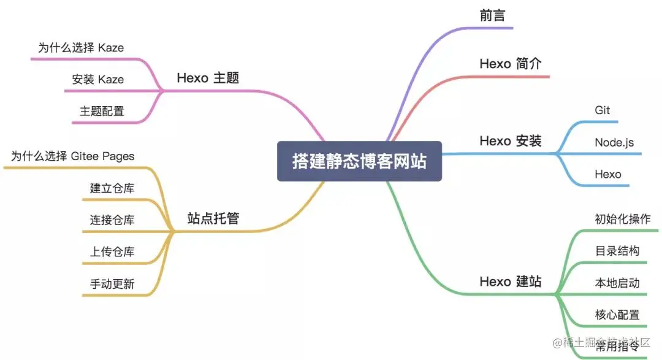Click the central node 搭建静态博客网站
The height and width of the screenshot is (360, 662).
pyautogui.click(x=359, y=162)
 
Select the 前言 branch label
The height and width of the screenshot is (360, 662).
pyautogui.click(x=492, y=16)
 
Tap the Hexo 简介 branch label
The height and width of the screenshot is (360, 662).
pyautogui.click(x=510, y=64)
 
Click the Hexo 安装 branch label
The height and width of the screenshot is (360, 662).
pyautogui.click(x=510, y=141)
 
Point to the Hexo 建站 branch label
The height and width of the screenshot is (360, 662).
pyautogui.click(x=510, y=281)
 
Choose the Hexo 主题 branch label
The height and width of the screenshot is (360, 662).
pyautogui.click(x=208, y=78)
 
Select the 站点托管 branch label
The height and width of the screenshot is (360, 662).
pyautogui.click(x=213, y=218)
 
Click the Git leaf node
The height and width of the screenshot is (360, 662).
pyautogui.click(x=602, y=110)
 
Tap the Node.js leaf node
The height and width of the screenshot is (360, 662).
pyautogui.click(x=614, y=142)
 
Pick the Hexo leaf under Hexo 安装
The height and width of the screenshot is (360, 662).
pyautogui.click(x=607, y=174)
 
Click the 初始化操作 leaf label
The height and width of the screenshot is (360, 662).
pyautogui.click(x=622, y=219)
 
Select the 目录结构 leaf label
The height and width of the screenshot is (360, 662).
pyautogui.click(x=617, y=251)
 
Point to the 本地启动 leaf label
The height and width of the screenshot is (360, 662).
pyautogui.click(x=617, y=283)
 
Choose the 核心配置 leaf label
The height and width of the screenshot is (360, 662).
pyautogui.click(x=617, y=315)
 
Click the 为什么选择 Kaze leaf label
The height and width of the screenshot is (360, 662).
pyautogui.click(x=81, y=47)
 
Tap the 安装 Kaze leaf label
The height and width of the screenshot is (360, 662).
pyautogui.click(x=97, y=79)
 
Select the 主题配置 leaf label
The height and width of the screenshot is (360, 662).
pyautogui.click(x=102, y=111)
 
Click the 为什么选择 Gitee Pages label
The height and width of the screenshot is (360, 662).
pyautogui.click(x=72, y=156)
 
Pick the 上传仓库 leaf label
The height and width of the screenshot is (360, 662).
pyautogui.click(x=112, y=251)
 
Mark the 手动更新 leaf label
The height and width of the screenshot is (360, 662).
pyautogui.click(x=112, y=283)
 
